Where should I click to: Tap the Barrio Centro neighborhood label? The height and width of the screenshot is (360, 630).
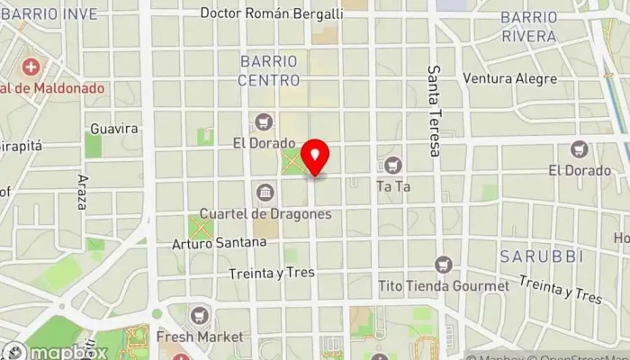tap(267, 70)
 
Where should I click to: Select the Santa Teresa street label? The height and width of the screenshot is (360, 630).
tap(435, 111)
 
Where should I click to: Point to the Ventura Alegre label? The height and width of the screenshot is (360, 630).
tap(510, 78)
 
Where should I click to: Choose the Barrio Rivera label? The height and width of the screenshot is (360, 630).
tap(528, 27)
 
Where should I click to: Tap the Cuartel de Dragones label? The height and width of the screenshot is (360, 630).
tap(265, 214)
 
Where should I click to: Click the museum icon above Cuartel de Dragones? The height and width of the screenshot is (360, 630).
tap(265, 192)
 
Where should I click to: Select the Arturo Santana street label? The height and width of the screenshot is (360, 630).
tap(219, 242)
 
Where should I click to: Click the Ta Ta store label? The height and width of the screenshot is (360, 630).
tap(392, 187)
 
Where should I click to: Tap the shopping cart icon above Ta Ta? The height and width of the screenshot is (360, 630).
tap(392, 166)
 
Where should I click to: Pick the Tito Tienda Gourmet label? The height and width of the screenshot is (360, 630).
tap(444, 286)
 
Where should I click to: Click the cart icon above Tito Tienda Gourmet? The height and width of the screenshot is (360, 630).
tap(442, 265)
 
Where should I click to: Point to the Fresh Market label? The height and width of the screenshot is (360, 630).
tap(200, 337)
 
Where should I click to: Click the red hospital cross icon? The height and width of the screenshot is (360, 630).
tap(32, 67)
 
